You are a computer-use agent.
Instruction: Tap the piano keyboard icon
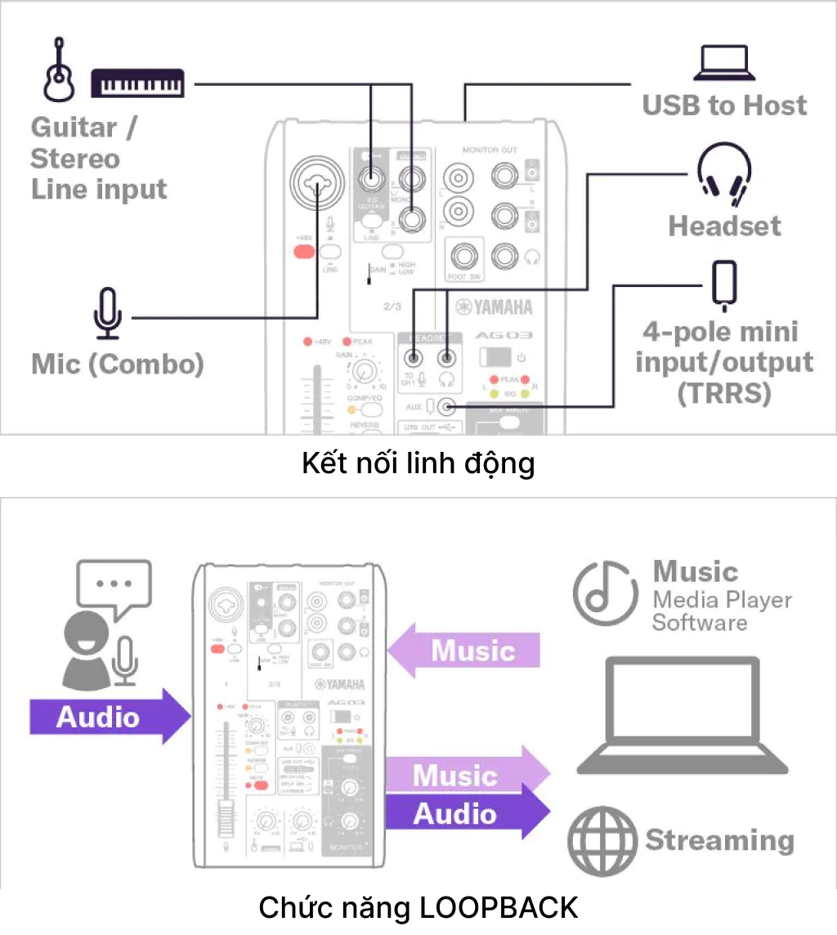pos(138,83)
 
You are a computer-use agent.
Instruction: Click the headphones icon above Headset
pos(723,174)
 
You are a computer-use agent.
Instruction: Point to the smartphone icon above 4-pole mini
pos(724,285)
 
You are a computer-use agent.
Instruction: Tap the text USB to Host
pos(724,105)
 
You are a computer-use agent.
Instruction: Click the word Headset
pos(724,226)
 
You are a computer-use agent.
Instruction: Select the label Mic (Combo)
pos(117,364)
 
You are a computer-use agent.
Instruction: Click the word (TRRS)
pos(724,393)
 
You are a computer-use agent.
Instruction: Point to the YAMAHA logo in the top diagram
pos(495,307)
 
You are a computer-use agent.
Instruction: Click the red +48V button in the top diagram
pos(304,251)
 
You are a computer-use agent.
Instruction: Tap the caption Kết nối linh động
pos(418,463)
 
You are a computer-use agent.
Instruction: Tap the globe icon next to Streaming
pos(602,839)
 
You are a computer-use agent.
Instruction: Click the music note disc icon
pos(605,593)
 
